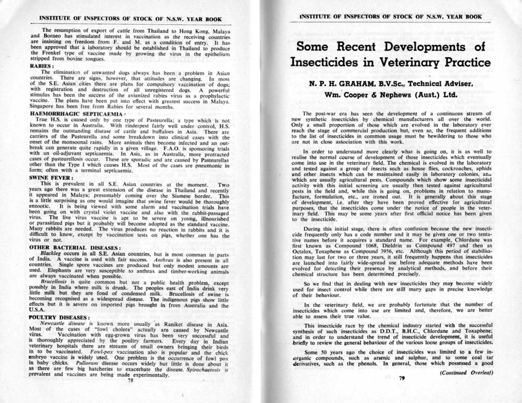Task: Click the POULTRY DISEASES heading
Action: [x=58, y=318]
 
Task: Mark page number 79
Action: [x=401, y=378]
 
